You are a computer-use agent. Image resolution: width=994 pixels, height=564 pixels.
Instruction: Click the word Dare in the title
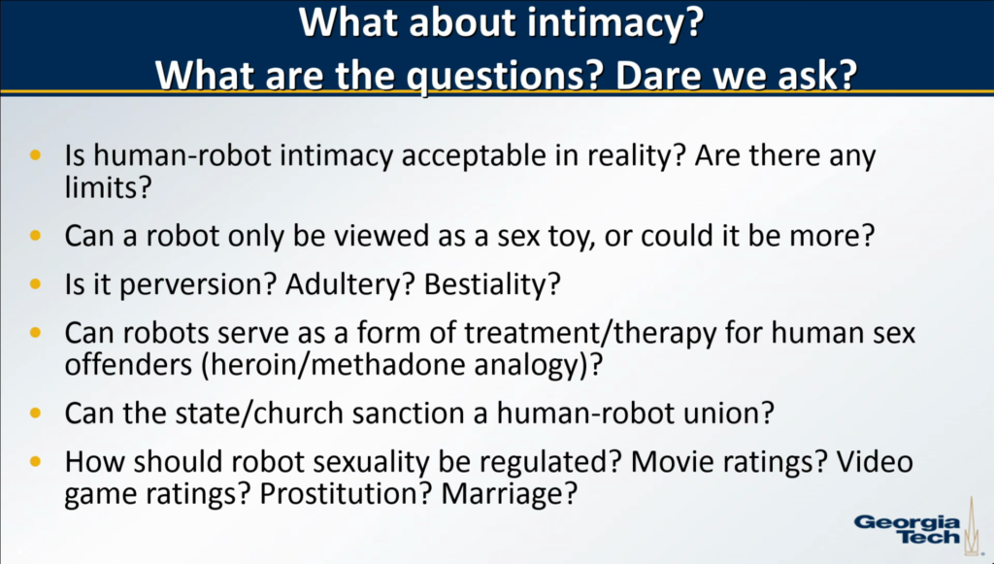click(x=664, y=76)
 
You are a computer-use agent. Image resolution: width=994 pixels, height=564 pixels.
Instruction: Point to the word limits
click(x=109, y=187)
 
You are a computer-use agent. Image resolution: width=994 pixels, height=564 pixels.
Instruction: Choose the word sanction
click(x=418, y=414)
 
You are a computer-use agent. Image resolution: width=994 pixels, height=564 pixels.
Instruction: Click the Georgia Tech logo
click(x=917, y=526)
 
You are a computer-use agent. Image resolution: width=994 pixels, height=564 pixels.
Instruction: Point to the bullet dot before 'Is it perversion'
click(x=35, y=283)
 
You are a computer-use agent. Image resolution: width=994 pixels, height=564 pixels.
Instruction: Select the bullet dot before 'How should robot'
click(x=35, y=461)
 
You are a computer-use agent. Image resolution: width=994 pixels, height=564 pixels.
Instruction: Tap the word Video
click(x=876, y=461)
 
